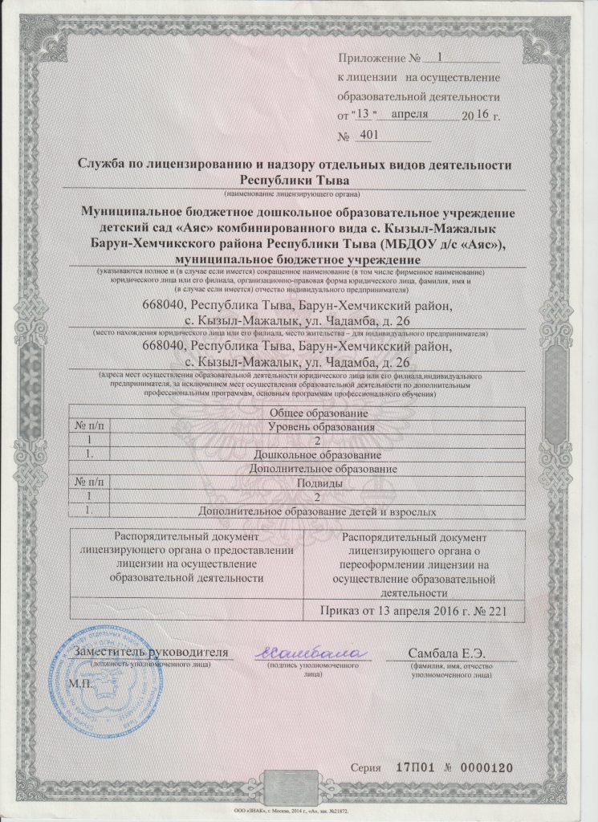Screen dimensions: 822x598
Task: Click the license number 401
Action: pyautogui.click(x=370, y=136)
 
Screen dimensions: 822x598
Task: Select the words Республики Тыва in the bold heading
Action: pyautogui.click(x=294, y=179)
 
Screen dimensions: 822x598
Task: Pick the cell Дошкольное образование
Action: pyautogui.click(x=320, y=455)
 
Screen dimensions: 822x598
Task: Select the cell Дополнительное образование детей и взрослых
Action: pyautogui.click(x=320, y=511)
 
